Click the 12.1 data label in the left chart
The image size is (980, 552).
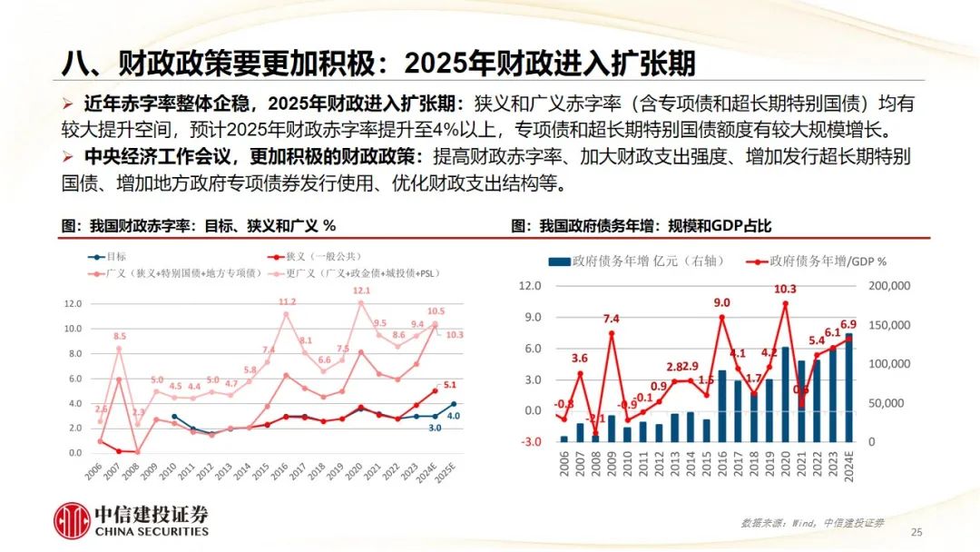click(361, 291)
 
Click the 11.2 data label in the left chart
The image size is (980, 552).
click(287, 301)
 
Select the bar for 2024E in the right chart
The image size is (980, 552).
click(849, 388)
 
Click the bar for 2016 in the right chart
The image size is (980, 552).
click(721, 405)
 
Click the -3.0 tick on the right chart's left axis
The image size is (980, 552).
click(530, 442)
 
